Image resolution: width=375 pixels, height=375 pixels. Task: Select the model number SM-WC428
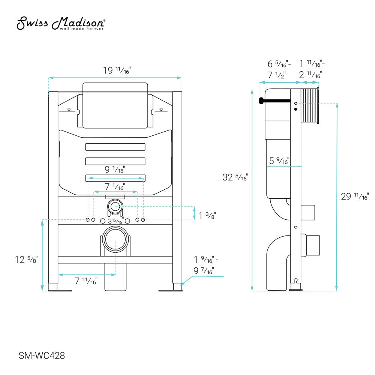tap(39, 354)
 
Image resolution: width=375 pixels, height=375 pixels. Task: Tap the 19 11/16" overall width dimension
tap(116, 70)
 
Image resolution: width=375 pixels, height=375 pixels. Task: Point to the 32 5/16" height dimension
tap(235, 177)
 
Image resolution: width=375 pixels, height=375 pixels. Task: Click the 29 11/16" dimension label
tap(355, 196)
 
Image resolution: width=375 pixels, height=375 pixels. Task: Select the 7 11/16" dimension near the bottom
tap(86, 281)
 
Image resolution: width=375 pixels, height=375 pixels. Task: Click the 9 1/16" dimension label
tap(115, 170)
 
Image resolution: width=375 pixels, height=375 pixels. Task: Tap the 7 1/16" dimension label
tap(115, 186)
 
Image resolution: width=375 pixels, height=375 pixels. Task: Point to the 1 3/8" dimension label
tap(207, 215)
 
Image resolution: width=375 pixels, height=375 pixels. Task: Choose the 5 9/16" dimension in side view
tap(279, 161)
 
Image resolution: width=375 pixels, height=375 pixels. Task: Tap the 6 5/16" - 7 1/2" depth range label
tap(277, 69)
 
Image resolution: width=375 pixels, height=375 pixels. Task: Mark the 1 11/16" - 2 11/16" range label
tap(310, 69)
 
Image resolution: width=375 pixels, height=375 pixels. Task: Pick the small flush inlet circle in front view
tap(115, 206)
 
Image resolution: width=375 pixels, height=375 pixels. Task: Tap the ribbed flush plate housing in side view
tap(310, 106)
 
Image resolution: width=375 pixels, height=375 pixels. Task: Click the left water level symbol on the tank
tap(69, 110)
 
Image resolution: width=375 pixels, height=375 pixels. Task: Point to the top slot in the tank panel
tap(115, 147)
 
